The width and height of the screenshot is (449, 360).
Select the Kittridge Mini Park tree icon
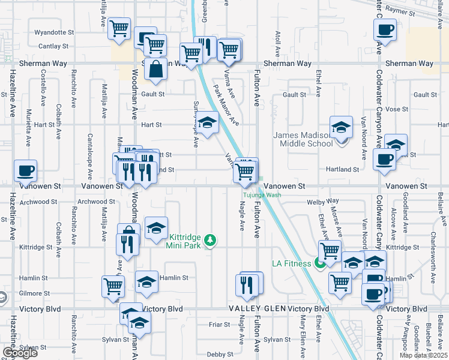209,241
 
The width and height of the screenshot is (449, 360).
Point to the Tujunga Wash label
262,195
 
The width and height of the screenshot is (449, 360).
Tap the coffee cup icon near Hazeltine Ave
25,171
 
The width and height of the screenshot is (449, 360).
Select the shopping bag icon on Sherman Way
155,69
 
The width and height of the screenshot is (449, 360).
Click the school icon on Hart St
208,124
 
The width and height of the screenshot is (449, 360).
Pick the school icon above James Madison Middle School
341,127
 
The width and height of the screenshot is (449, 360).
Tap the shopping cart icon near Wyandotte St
119,28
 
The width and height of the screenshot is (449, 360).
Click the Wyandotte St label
54,32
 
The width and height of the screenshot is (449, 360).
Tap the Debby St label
215,354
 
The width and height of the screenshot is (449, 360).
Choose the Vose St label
397,109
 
